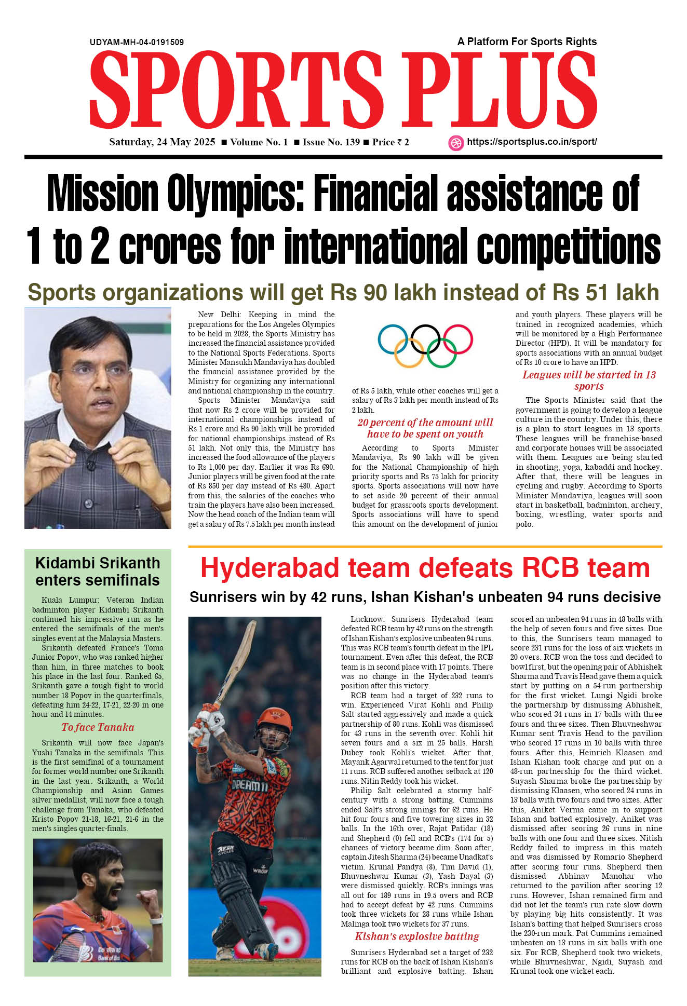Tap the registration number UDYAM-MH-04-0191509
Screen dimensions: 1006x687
137,42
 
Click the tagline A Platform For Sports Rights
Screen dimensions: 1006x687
527,42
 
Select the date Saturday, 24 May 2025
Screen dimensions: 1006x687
162,142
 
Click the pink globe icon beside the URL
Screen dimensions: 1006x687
455,143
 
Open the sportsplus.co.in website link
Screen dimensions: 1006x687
532,142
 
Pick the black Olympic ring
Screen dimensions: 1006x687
426,339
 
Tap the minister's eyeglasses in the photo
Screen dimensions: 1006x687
98,370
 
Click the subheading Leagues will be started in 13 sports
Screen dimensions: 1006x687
589,380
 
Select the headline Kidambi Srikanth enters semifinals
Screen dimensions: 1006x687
98,572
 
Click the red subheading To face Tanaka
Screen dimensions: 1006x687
98,727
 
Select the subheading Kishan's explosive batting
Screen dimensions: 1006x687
416,936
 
